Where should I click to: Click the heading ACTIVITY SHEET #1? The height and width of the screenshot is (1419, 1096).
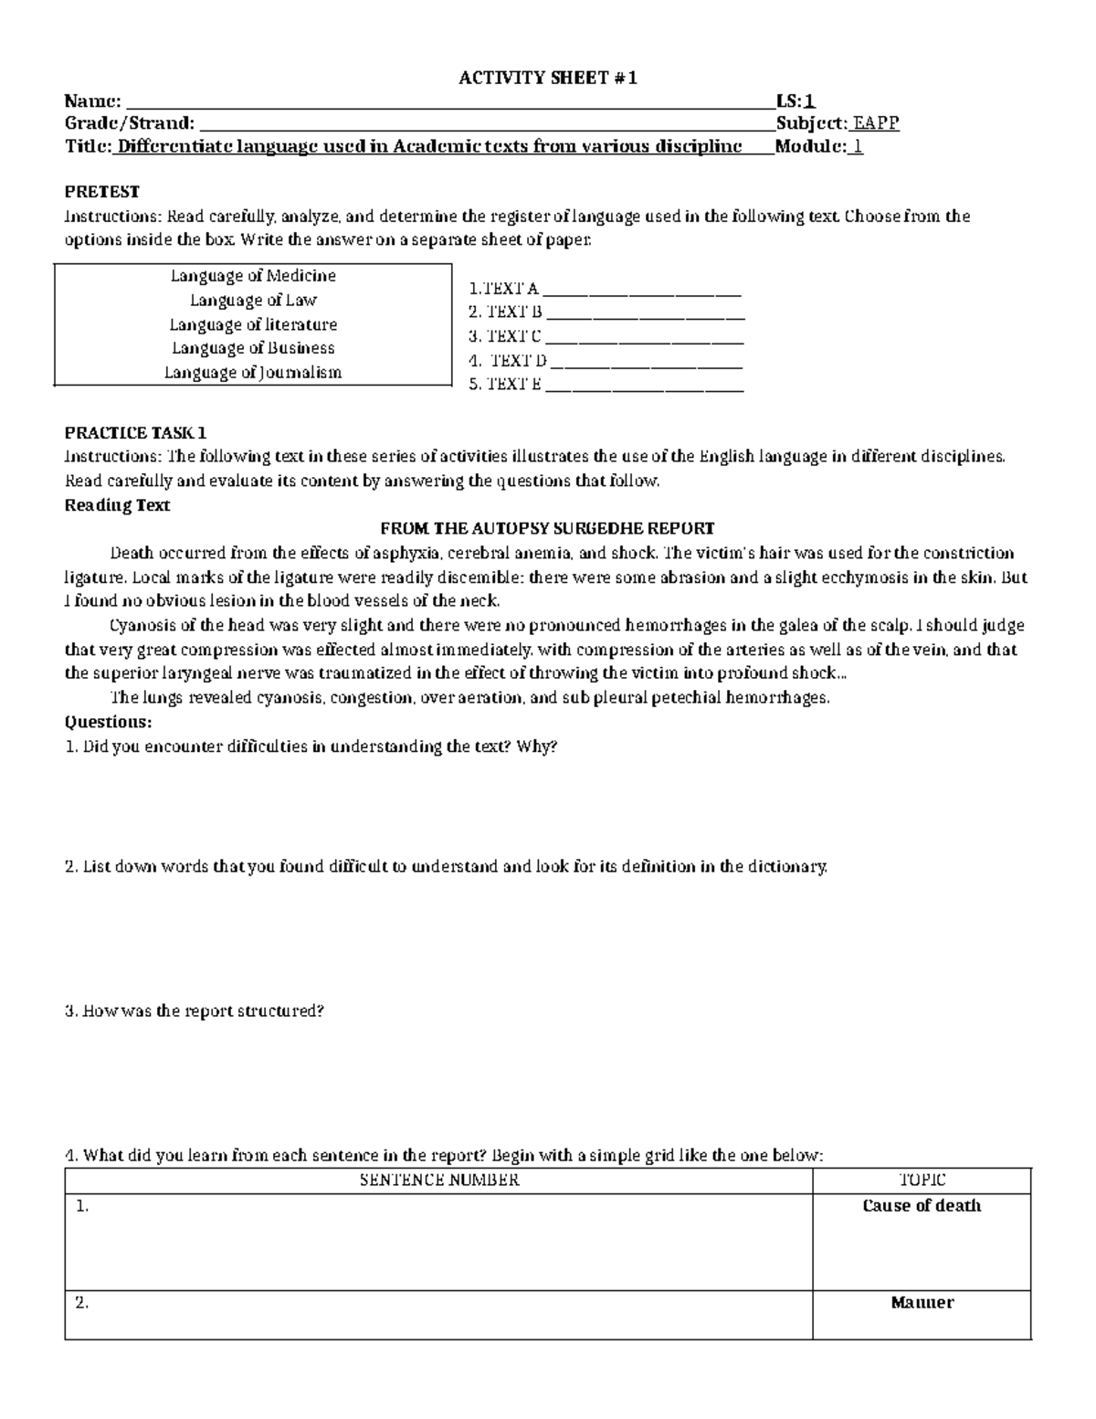tap(547, 79)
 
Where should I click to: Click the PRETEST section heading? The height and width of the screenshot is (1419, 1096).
tap(101, 192)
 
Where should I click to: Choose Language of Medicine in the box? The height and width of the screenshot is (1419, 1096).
tap(253, 276)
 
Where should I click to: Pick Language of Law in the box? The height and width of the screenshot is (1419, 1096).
tap(253, 300)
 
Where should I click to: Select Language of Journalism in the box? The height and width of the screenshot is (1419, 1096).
tap(253, 373)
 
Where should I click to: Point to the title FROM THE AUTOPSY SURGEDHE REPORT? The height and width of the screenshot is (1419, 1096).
tap(547, 529)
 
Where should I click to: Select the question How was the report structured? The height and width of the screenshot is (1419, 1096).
tap(195, 1011)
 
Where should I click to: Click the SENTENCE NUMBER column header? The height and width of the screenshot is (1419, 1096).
tap(439, 1180)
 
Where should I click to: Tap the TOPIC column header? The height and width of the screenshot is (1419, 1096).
tap(922, 1180)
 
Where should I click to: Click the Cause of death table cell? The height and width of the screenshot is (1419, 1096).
tap(922, 1206)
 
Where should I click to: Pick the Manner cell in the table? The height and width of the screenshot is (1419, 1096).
tap(922, 1303)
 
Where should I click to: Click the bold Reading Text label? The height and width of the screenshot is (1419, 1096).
tap(117, 505)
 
